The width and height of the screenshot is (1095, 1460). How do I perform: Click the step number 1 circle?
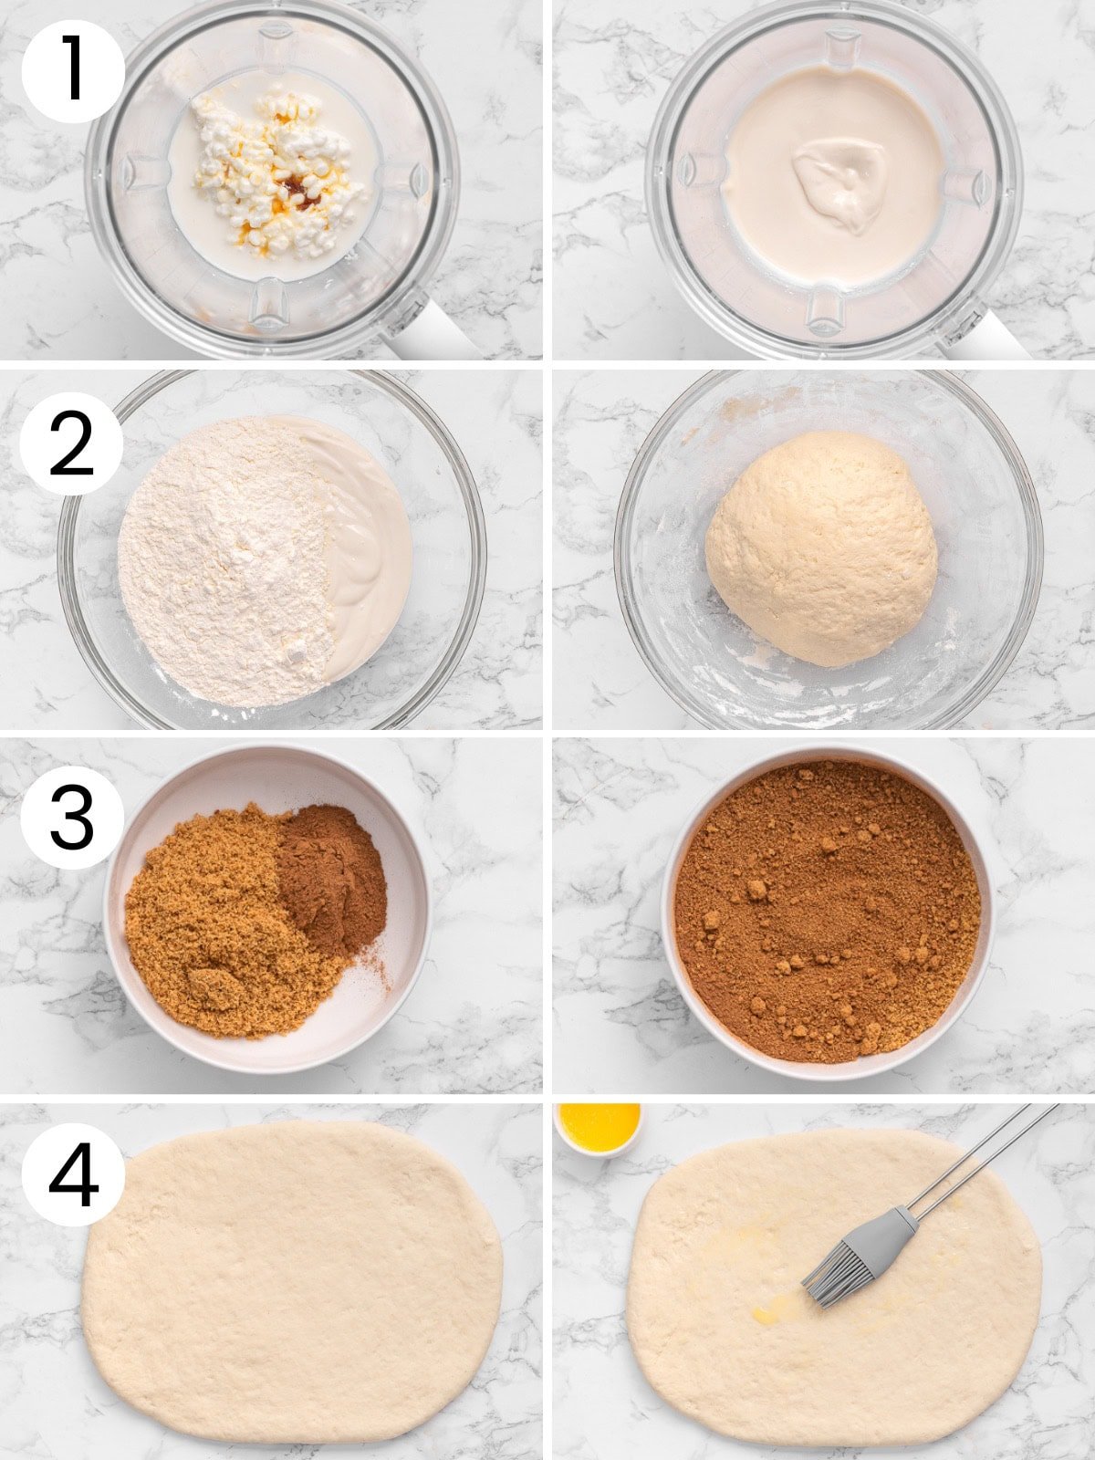[x=72, y=71]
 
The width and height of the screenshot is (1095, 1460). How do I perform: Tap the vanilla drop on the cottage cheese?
[x=296, y=187]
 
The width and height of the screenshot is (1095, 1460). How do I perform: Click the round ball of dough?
[x=821, y=547]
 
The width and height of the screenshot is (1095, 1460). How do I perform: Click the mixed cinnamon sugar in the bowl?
[x=826, y=912]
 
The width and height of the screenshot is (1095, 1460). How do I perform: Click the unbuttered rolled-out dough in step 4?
[x=292, y=1277]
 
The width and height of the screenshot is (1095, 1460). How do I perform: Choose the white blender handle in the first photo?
[x=429, y=333]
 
